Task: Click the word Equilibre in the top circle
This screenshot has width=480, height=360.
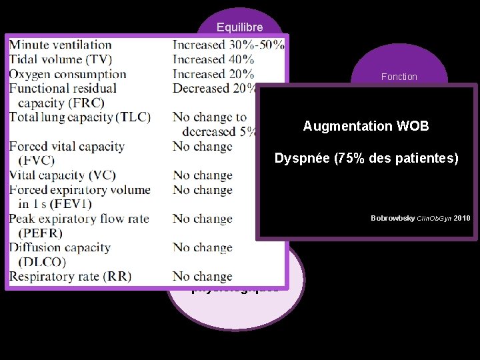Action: (239, 27)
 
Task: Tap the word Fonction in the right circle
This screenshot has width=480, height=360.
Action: (399, 77)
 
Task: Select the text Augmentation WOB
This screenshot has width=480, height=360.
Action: (366, 126)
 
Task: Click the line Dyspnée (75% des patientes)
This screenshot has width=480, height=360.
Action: (367, 159)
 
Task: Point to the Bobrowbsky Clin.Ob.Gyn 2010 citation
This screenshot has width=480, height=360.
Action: (420, 218)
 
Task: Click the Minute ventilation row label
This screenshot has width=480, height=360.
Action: (60, 45)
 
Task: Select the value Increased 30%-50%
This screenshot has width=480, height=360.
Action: (228, 45)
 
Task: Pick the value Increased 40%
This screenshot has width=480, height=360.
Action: (213, 60)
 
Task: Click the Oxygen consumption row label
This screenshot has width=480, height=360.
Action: (67, 75)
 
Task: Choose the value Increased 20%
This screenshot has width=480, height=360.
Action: (213, 75)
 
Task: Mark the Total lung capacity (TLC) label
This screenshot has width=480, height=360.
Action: (79, 117)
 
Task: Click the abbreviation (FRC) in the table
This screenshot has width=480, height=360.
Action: (42, 103)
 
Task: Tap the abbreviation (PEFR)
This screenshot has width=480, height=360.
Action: (41, 233)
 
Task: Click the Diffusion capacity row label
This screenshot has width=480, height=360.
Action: (59, 247)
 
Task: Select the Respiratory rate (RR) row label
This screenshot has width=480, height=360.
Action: (69, 277)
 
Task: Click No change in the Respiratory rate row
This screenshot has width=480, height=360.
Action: (202, 277)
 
